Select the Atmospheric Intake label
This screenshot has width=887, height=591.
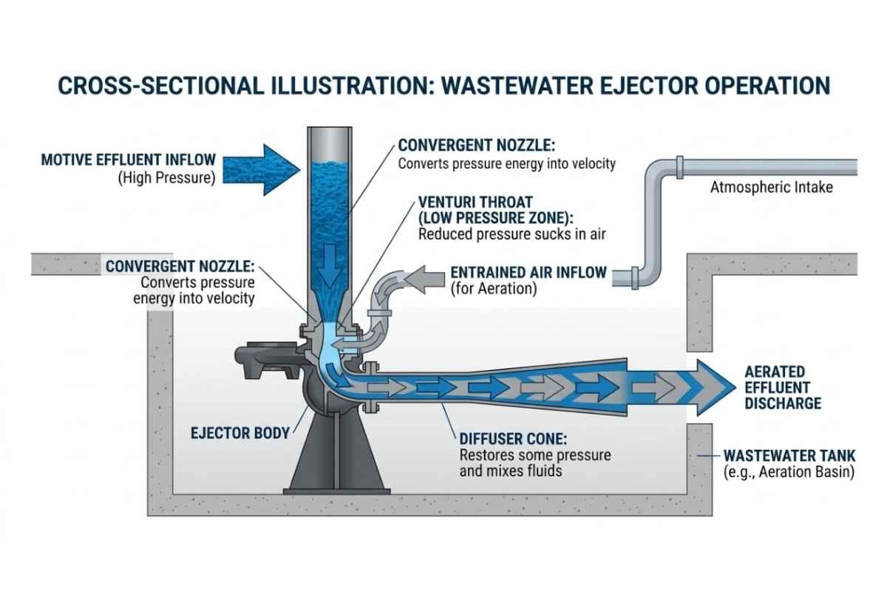771,188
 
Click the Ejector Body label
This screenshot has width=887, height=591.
238,433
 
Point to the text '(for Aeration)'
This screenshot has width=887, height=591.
493,290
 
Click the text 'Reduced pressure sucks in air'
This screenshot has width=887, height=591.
509,234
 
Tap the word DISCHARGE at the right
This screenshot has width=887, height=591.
783,403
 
